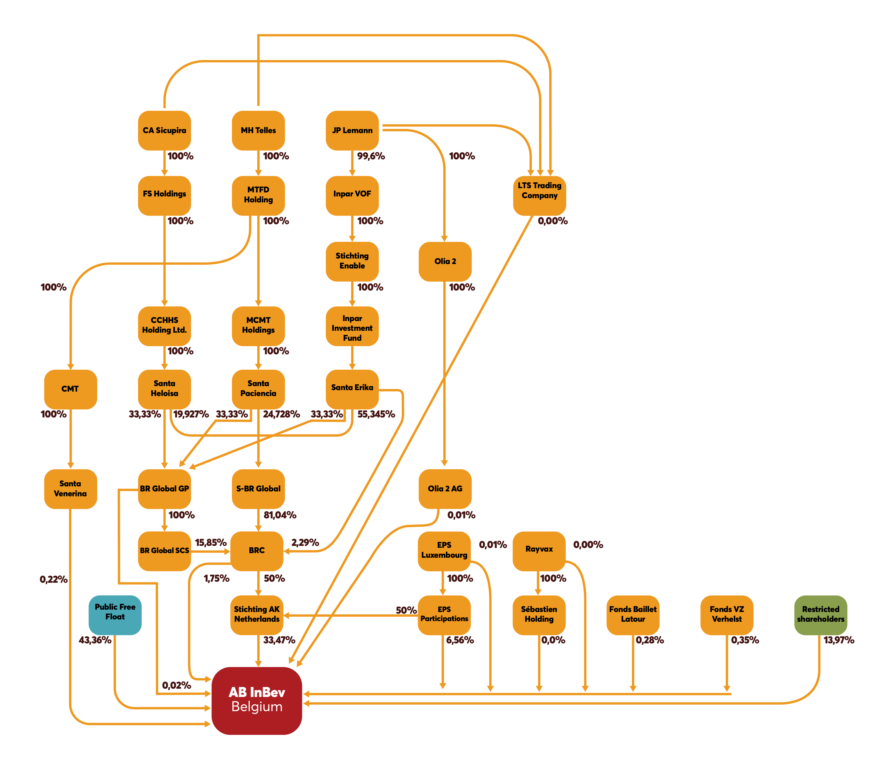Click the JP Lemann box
click(352, 130)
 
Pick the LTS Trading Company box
click(539, 195)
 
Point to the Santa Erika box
click(352, 388)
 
